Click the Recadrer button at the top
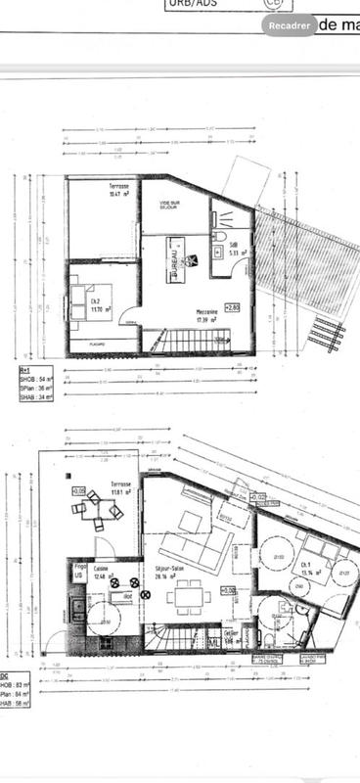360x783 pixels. pyautogui.click(x=290, y=26)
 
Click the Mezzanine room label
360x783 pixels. pyautogui.click(x=205, y=314)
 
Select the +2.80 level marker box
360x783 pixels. pyautogui.click(x=232, y=307)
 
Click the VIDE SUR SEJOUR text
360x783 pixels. pyautogui.click(x=176, y=205)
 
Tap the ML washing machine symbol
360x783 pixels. pyautogui.click(x=213, y=643)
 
